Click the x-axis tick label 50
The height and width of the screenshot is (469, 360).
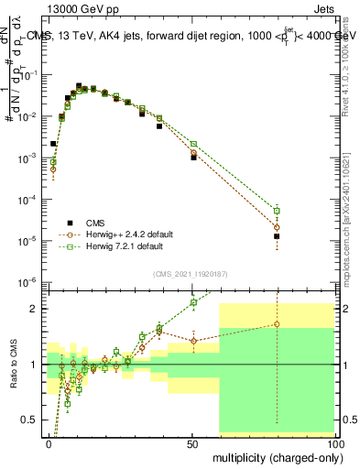193,442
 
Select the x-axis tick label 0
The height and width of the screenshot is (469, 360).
49,442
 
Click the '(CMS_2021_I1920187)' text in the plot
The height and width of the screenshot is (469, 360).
191,274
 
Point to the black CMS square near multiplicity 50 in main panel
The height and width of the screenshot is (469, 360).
193,158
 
